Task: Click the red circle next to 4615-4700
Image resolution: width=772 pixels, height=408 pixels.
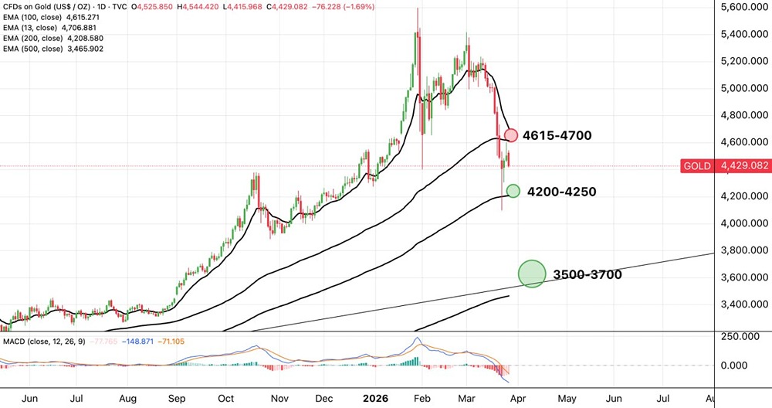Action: click(x=511, y=135)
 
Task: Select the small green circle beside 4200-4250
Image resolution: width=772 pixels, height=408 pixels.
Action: click(x=512, y=191)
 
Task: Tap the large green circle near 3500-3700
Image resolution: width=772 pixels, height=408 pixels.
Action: click(x=532, y=274)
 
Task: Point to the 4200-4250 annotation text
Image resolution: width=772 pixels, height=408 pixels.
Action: click(x=561, y=192)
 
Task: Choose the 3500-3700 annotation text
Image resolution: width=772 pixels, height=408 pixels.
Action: click(x=587, y=274)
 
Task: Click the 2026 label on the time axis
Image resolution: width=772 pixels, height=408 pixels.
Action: click(x=378, y=399)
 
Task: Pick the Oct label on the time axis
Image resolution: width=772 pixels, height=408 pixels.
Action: click(x=225, y=399)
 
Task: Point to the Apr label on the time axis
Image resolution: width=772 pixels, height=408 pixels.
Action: click(x=518, y=399)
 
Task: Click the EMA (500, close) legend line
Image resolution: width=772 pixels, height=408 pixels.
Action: click(x=53, y=49)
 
